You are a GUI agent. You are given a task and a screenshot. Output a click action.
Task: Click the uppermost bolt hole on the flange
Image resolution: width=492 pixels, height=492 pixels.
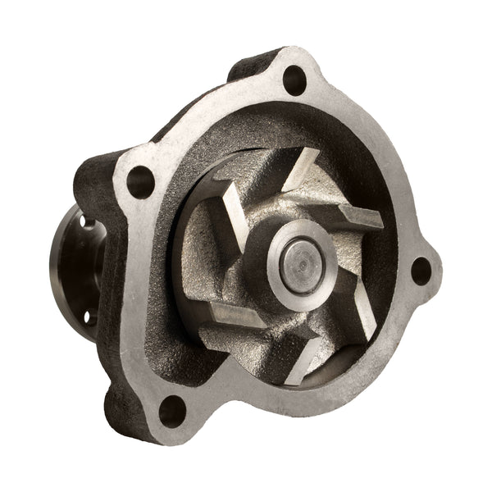(x=292, y=80)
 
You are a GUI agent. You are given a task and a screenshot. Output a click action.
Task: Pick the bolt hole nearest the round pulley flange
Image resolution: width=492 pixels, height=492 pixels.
(x=140, y=178)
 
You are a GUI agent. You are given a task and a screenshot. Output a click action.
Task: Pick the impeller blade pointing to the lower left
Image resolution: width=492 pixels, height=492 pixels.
(x=234, y=316)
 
